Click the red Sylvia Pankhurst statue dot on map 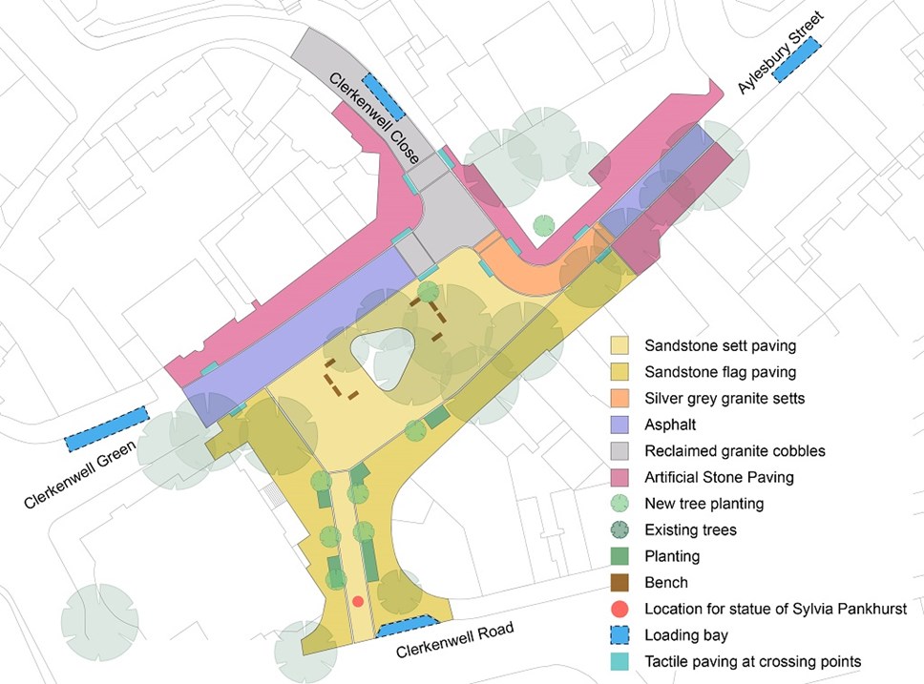click(x=358, y=601)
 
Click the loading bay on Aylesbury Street click(x=797, y=59)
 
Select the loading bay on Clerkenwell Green click(x=108, y=427)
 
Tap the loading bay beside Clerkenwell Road click(x=403, y=628)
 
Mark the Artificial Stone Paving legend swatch click(x=620, y=476)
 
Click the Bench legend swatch click(x=620, y=582)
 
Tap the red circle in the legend click(x=620, y=609)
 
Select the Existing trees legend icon click(x=620, y=529)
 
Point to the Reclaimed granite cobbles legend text click(x=720, y=450)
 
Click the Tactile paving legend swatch click(x=620, y=661)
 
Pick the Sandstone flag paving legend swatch click(x=620, y=371)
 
